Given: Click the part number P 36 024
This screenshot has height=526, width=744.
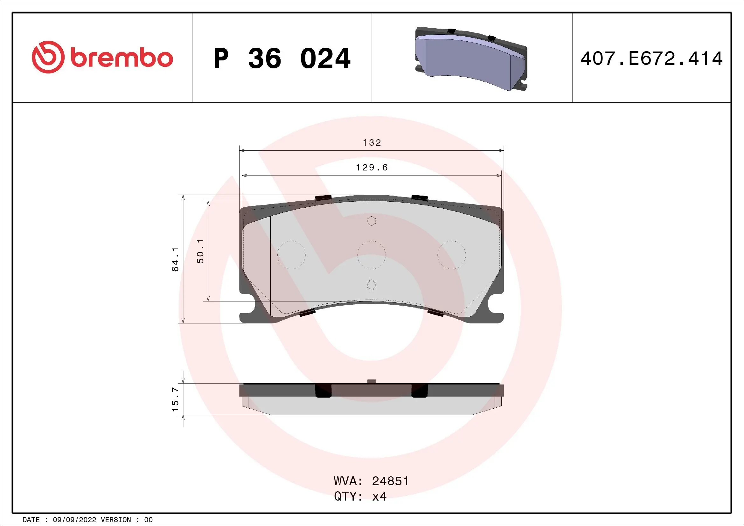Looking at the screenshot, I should pos(282,59).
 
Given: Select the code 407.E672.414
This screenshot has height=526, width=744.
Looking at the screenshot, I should pos(651,59).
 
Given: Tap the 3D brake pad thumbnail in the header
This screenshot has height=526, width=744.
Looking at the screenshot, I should pos(471,59).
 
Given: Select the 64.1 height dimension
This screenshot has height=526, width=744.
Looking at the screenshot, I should pos(175,259).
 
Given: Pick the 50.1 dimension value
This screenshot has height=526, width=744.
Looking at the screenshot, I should pos(201,251).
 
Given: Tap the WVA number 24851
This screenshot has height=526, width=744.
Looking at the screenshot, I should pos(390,481).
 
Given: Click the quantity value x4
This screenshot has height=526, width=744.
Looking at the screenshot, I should pos(379,496).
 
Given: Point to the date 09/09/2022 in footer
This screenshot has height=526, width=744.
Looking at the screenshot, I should pos(74,520).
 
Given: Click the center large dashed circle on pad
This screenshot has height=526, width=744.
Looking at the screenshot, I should pos(371,255).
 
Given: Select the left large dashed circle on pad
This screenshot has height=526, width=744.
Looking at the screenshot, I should pos(291,255).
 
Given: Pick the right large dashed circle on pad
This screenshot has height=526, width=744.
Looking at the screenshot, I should pos(451,255).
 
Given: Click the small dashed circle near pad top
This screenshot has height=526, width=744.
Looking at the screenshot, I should pos(371,221).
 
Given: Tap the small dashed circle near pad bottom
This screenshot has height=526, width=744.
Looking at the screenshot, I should pos(371,285).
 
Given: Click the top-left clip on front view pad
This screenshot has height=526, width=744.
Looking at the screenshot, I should pos(323,198).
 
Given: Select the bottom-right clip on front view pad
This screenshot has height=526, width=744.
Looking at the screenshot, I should pos(435,313).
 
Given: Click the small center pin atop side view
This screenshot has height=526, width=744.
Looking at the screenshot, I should pos(372,381).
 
